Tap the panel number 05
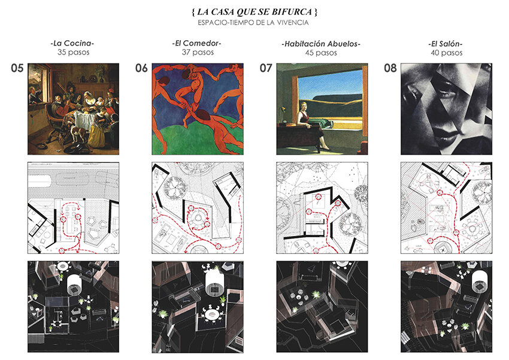pos(17,68)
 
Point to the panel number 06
pos(141,68)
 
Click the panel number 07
pos(266,68)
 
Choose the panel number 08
pos(390,68)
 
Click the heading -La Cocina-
pos(72,43)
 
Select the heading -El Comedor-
pos(197,43)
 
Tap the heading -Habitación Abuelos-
pos(321,44)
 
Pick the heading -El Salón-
pos(446,44)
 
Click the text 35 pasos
pos(74,52)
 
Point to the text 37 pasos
pos(198,52)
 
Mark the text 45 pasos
pos(321,53)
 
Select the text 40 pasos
pos(446,53)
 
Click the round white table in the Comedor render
pos(211,314)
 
